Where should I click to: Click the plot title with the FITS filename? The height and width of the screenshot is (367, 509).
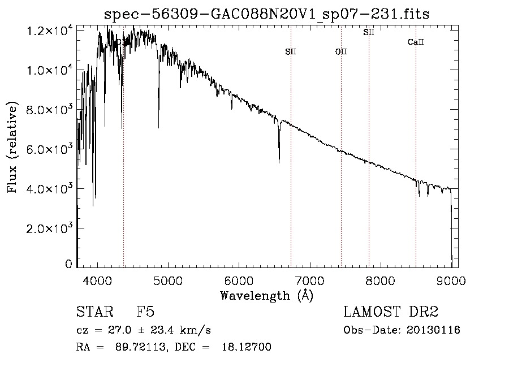pyautogui.click(x=267, y=14)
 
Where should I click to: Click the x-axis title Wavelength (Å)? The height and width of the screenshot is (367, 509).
pyautogui.click(x=266, y=295)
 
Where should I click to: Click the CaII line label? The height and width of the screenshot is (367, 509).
pyautogui.click(x=416, y=42)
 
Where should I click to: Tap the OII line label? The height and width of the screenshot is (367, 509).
pyautogui.click(x=341, y=52)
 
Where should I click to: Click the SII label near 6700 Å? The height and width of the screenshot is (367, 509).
pyautogui.click(x=291, y=52)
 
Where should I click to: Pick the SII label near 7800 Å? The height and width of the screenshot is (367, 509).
pyautogui.click(x=369, y=32)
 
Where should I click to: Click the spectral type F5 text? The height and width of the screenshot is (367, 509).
pyautogui.click(x=145, y=312)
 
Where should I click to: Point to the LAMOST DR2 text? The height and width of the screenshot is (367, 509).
pyautogui.click(x=391, y=312)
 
